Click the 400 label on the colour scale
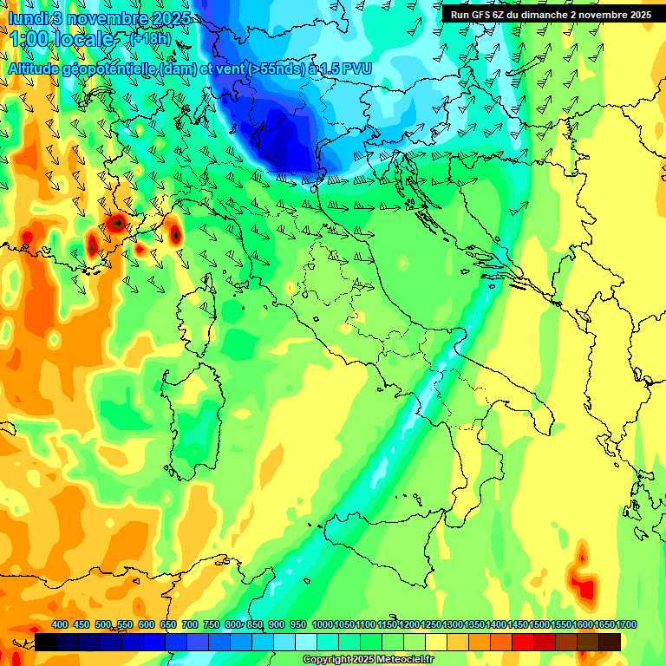pyautogui.click(x=60, y=624)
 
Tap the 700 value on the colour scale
pyautogui.click(x=189, y=624)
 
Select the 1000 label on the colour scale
pyautogui.click(x=323, y=624)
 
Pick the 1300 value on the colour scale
pyautogui.click(x=453, y=624)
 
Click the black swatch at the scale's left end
pyautogui.click(x=47, y=642)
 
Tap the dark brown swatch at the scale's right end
pyautogui.click(x=610, y=642)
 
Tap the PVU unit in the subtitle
pyautogui.click(x=356, y=69)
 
